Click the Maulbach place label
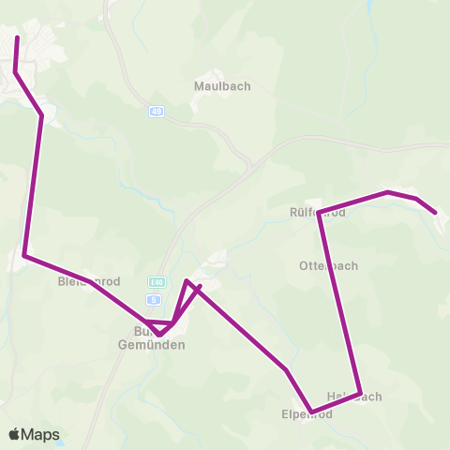point(222,85)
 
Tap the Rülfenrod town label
point(318,213)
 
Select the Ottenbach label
point(328,265)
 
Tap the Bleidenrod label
point(88,280)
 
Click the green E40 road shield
point(156,281)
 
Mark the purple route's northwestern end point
point(18,37)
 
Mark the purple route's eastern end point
point(436,213)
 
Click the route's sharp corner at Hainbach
point(360,394)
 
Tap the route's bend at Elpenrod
point(310,411)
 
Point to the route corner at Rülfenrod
point(320,212)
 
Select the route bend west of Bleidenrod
point(24,255)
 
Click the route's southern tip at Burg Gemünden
point(159,334)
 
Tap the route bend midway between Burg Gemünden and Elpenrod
point(286,369)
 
